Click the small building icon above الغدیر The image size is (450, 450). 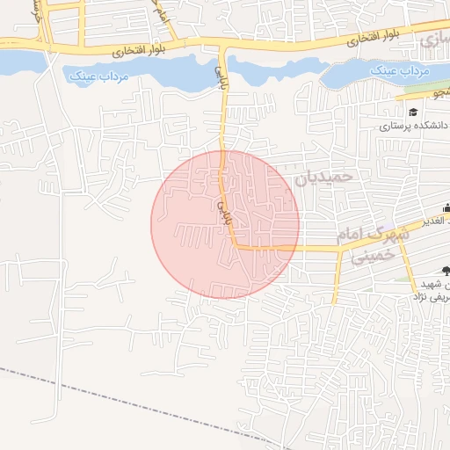tap(446, 208)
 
